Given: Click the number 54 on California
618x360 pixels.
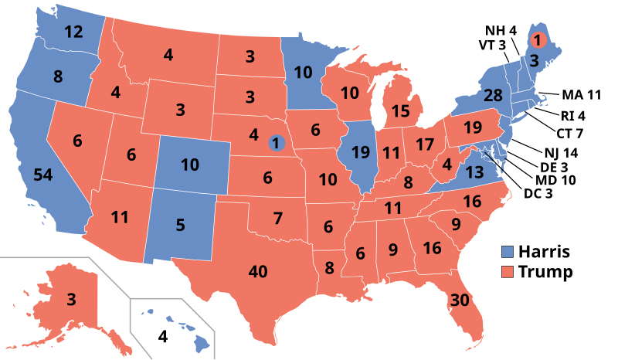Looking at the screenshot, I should pyautogui.click(x=42, y=175).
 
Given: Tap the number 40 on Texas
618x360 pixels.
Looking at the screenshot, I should pyautogui.click(x=258, y=271).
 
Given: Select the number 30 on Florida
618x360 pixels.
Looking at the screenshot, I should pyautogui.click(x=460, y=301).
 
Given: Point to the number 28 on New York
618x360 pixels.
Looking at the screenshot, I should pyautogui.click(x=493, y=97).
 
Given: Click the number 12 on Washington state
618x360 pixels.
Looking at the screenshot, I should pyautogui.click(x=73, y=32).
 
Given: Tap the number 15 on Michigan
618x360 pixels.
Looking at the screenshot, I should pyautogui.click(x=400, y=111).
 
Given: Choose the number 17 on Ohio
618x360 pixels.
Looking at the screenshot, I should pyautogui.click(x=425, y=144).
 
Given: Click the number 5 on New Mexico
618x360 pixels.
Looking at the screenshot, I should pyautogui.click(x=180, y=226).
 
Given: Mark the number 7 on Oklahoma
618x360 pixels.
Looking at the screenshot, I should pyautogui.click(x=277, y=218).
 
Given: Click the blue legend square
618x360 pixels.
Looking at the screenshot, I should pyautogui.click(x=508, y=252).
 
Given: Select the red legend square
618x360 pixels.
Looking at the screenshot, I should pyautogui.click(x=508, y=272).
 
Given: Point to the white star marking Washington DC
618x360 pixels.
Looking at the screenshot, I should pyautogui.click(x=485, y=151).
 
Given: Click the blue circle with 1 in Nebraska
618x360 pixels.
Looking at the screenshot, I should pyautogui.click(x=276, y=142).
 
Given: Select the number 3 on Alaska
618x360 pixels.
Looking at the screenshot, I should pyautogui.click(x=70, y=300).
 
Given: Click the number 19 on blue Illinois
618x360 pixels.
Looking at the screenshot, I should pyautogui.click(x=361, y=152).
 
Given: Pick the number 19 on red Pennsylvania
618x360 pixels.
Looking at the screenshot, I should pyautogui.click(x=473, y=127).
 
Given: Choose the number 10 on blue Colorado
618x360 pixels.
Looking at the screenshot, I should pyautogui.click(x=190, y=165).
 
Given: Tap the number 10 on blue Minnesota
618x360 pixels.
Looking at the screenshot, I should pyautogui.click(x=304, y=73).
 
